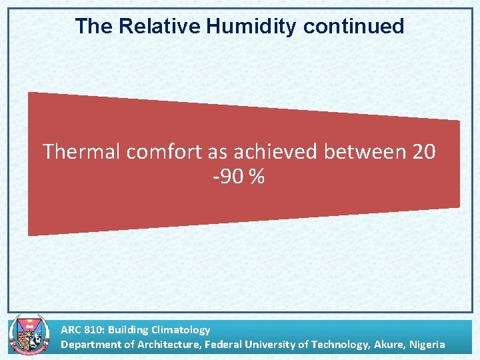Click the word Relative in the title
coord(160,27)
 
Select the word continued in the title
coord(353,27)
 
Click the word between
coord(365,152)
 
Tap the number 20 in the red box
coord(424,152)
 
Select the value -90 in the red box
coord(227,177)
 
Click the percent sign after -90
coord(257,177)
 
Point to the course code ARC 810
coord(81,329)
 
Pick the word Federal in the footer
coord(222,345)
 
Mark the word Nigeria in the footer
coord(427,345)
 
